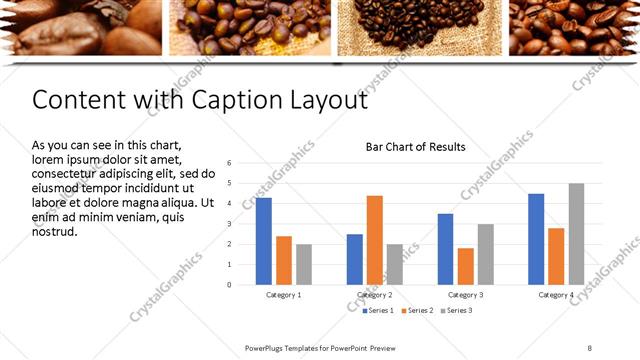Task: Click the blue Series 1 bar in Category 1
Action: pos(264,241)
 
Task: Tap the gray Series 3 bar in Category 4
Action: pos(576,234)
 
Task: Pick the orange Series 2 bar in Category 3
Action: pos(465,266)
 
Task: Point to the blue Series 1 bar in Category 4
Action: pos(536,239)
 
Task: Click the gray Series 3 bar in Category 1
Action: pos(304,264)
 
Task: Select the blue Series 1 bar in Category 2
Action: pos(355,259)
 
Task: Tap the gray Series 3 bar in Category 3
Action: pos(485,254)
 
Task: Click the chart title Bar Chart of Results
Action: pos(415,147)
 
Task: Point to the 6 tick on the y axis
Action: pos(230,163)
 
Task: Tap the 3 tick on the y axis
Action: pos(230,224)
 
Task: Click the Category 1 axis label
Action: pos(284,295)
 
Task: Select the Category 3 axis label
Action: pos(465,295)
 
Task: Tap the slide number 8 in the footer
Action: pos(589,347)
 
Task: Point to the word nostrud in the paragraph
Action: pos(55,232)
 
